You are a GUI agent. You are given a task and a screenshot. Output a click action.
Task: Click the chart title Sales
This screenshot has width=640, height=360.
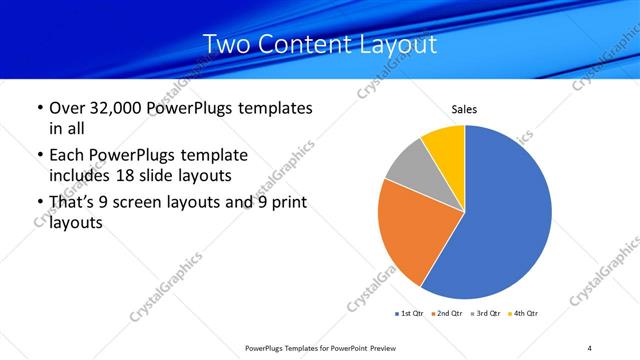coord(464,108)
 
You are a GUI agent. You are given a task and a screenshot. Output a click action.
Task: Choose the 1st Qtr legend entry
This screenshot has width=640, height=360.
coord(409,314)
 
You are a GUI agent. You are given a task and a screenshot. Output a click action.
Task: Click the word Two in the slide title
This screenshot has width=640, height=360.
coord(226,45)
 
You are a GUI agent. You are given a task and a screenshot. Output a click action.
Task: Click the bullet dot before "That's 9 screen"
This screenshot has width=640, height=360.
coord(39,204)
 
